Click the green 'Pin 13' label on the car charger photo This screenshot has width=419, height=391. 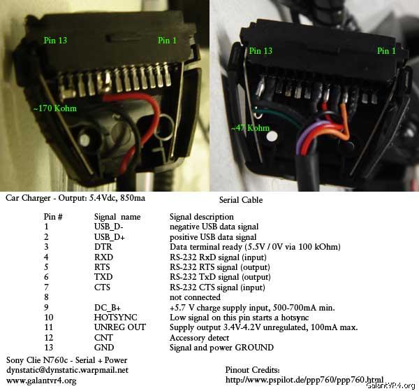(55, 41)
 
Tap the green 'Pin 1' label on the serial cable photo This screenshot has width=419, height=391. (386, 51)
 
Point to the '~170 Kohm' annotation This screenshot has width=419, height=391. (55, 108)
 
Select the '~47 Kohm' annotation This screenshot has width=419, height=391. (251, 128)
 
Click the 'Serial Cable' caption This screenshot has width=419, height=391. (241, 200)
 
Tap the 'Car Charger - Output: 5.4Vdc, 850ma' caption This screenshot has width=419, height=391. (75, 198)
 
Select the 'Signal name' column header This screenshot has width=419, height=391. (117, 217)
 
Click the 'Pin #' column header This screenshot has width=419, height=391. (53, 217)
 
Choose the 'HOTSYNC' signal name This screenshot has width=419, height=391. (115, 317)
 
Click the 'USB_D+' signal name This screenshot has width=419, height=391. (110, 237)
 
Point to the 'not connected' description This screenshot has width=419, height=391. (195, 297)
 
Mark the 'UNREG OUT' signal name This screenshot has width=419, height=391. (120, 327)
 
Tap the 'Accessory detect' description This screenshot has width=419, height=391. (199, 338)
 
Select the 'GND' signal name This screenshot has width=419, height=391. (104, 348)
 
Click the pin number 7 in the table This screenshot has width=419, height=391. (47, 287)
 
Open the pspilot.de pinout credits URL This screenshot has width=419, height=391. (304, 380)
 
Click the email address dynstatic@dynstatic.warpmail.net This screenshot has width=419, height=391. (67, 370)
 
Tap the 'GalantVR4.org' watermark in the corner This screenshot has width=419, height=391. (391, 385)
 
